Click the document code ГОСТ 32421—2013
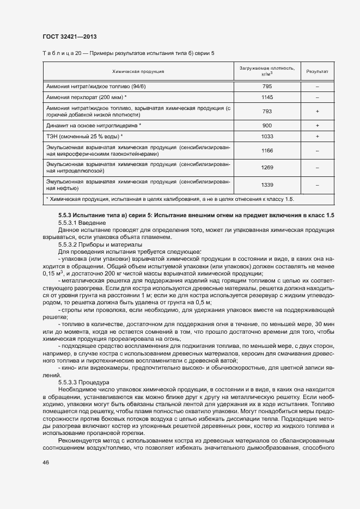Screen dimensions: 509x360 [x=70, y=37]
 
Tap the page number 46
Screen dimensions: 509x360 [x=45, y=462]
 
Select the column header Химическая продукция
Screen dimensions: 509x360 [x=138, y=71]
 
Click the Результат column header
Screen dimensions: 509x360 [x=316, y=71]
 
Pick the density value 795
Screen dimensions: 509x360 [x=266, y=87]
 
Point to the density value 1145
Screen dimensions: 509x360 [x=266, y=97]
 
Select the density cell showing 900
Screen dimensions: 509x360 [x=266, y=125]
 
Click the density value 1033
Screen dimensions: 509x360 [x=266, y=136]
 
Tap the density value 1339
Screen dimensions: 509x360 [x=266, y=185]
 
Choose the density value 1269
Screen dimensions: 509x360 [x=266, y=167]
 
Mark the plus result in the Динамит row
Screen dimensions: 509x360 [x=316, y=125]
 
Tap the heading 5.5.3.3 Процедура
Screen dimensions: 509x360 [x=84, y=382]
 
